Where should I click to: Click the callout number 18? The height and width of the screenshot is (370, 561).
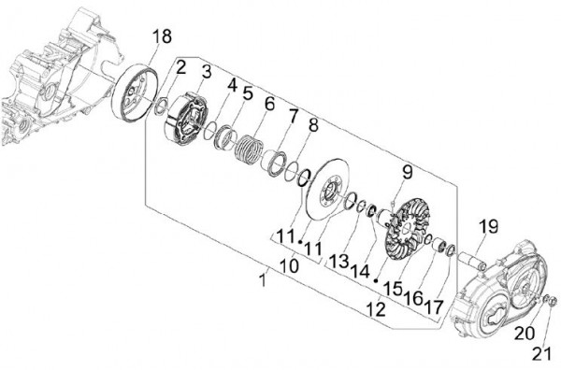tap(161, 36)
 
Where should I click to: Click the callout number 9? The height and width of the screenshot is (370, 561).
tap(407, 171)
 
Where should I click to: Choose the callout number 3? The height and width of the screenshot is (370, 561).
tap(205, 72)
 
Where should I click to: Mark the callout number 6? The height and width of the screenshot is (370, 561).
tap(269, 104)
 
